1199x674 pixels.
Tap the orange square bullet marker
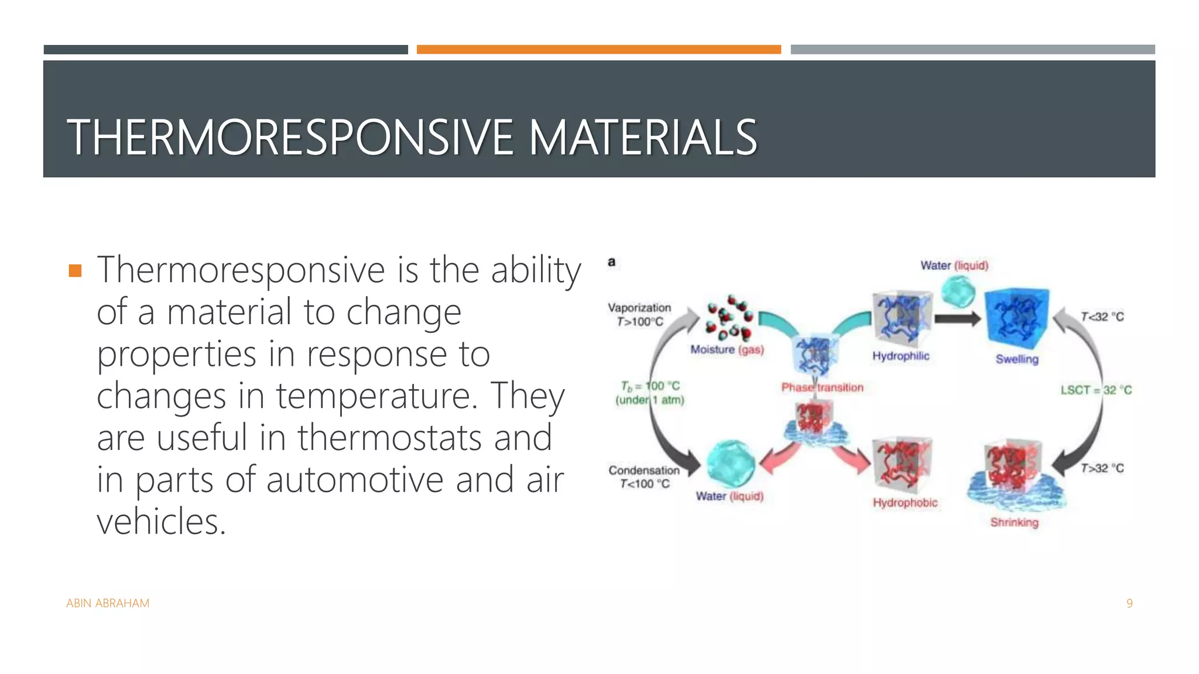pyautogui.click(x=75, y=270)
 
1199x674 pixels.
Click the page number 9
pyautogui.click(x=1129, y=603)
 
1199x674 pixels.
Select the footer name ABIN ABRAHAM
pyautogui.click(x=108, y=603)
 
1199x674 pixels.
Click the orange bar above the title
pyautogui.click(x=598, y=50)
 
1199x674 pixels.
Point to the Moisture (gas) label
pyautogui.click(x=727, y=350)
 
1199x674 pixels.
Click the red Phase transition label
pyautogui.click(x=822, y=387)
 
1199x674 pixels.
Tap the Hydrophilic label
pyautogui.click(x=900, y=356)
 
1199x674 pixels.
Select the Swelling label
pyautogui.click(x=1017, y=359)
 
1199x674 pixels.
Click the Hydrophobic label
pyautogui.click(x=905, y=503)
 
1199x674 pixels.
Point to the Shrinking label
pyautogui.click(x=1014, y=522)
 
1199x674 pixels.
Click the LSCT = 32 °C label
pyautogui.click(x=1096, y=390)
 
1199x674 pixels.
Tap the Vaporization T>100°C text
pyautogui.click(x=639, y=315)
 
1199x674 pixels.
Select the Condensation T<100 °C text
pyautogui.click(x=644, y=477)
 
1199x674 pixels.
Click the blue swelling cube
pyautogui.click(x=1016, y=319)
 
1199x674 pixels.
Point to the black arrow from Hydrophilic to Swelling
pyautogui.click(x=957, y=319)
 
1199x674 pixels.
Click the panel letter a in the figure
pyautogui.click(x=612, y=262)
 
